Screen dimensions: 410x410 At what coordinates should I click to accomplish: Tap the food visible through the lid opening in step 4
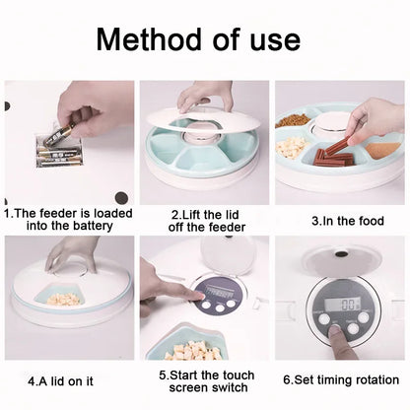click(62, 295)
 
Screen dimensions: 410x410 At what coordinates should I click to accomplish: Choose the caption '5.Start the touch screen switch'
click(206, 382)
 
